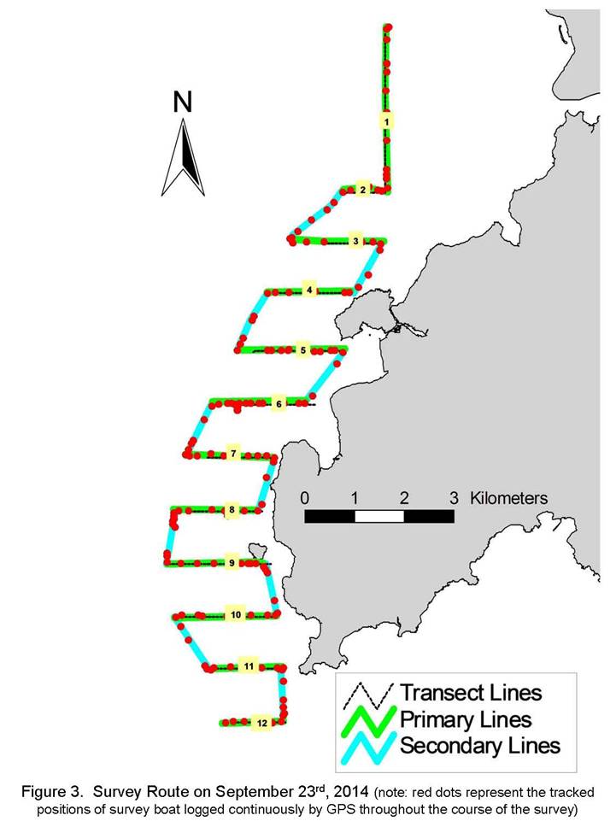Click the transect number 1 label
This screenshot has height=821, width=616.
[x=386, y=122]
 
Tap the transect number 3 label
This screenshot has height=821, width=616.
[x=355, y=242]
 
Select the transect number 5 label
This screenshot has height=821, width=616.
[x=302, y=350]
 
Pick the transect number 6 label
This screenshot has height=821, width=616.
[x=279, y=404]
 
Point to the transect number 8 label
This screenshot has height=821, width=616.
[x=232, y=509]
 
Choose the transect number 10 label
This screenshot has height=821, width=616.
[x=236, y=615]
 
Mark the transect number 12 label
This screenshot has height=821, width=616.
[x=262, y=723]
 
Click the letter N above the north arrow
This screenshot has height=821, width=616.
[x=182, y=103]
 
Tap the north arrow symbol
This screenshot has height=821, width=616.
[x=183, y=157]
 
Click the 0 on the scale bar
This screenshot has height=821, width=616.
[x=305, y=498]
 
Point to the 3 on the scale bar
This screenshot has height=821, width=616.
[x=454, y=498]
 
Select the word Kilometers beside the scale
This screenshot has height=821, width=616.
[x=508, y=498]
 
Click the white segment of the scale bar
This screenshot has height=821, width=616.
[x=379, y=517]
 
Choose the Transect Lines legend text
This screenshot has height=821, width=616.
[x=471, y=693]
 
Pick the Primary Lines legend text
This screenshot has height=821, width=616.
[x=466, y=719]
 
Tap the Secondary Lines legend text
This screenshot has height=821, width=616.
[x=480, y=745]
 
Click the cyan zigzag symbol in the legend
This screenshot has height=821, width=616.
[x=368, y=748]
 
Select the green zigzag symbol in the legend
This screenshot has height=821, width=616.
[x=368, y=722]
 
